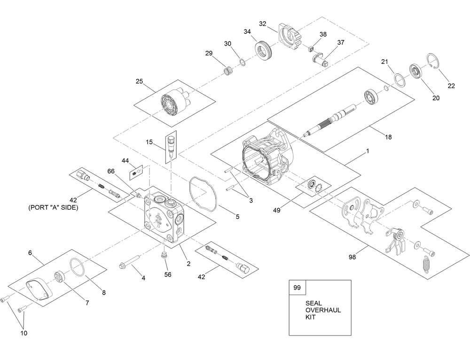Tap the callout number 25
coord(140,81)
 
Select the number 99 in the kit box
coord(297,288)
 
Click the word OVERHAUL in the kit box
coord(323,310)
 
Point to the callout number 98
coord(353,257)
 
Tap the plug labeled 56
coord(164,255)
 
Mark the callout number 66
coord(111,172)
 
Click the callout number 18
coord(388,137)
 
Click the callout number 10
coord(23,333)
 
